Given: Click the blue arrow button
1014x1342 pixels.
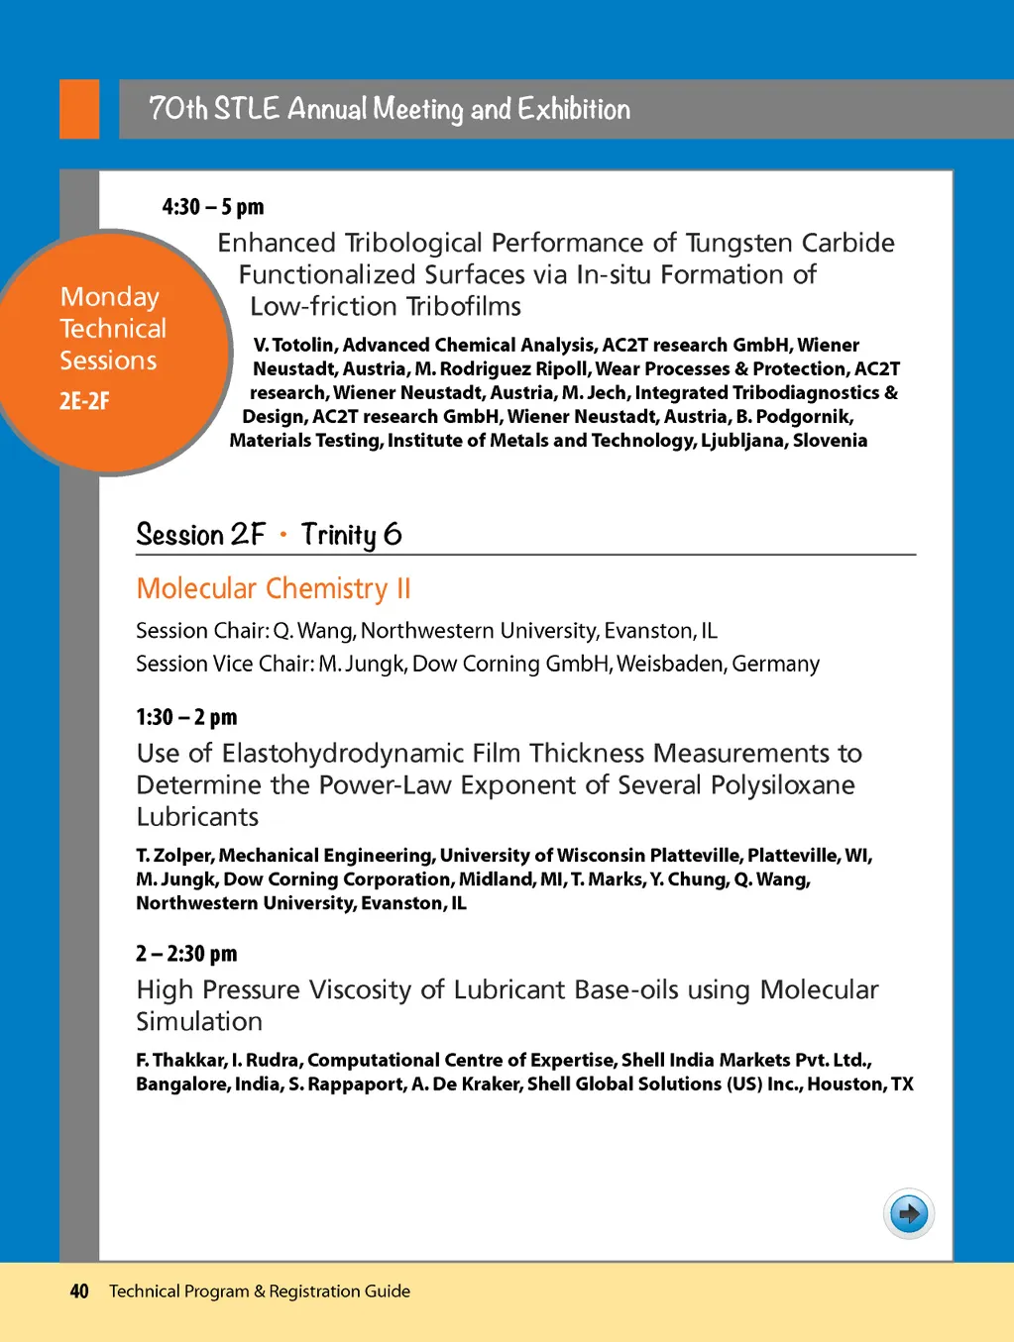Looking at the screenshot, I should coord(908,1213).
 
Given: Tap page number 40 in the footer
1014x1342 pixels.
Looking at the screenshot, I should coord(79,1291).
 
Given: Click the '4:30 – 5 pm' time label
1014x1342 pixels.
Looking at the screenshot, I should coord(213,207).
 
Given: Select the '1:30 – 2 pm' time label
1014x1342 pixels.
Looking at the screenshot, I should coord(186,717).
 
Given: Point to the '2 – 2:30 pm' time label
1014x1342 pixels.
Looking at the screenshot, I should coord(186,954).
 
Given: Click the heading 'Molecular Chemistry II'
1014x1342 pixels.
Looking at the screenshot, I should coord(273,588).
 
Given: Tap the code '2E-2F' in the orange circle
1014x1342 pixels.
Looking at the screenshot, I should coord(84,401).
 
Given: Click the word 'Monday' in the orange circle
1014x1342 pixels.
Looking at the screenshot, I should coord(109,297).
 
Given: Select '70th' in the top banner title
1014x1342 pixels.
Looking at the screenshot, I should coord(177,108).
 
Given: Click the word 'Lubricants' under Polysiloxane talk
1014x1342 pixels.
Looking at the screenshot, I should coord(197,817).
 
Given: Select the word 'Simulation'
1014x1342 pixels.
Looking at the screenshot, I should coord(199,1022).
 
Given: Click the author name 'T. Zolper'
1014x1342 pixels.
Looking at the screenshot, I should coord(173,856).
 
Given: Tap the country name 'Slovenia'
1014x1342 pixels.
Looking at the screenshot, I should coord(830,441).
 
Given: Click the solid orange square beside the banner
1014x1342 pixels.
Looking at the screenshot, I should coord(79,109).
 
